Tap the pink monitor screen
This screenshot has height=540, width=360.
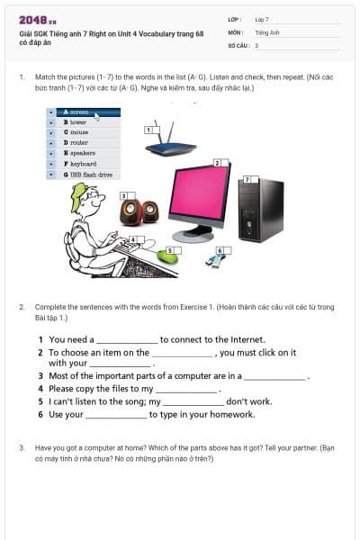(x=200, y=193)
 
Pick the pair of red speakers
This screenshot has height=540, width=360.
(x=139, y=211)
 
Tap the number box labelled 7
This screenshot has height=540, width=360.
(x=248, y=181)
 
